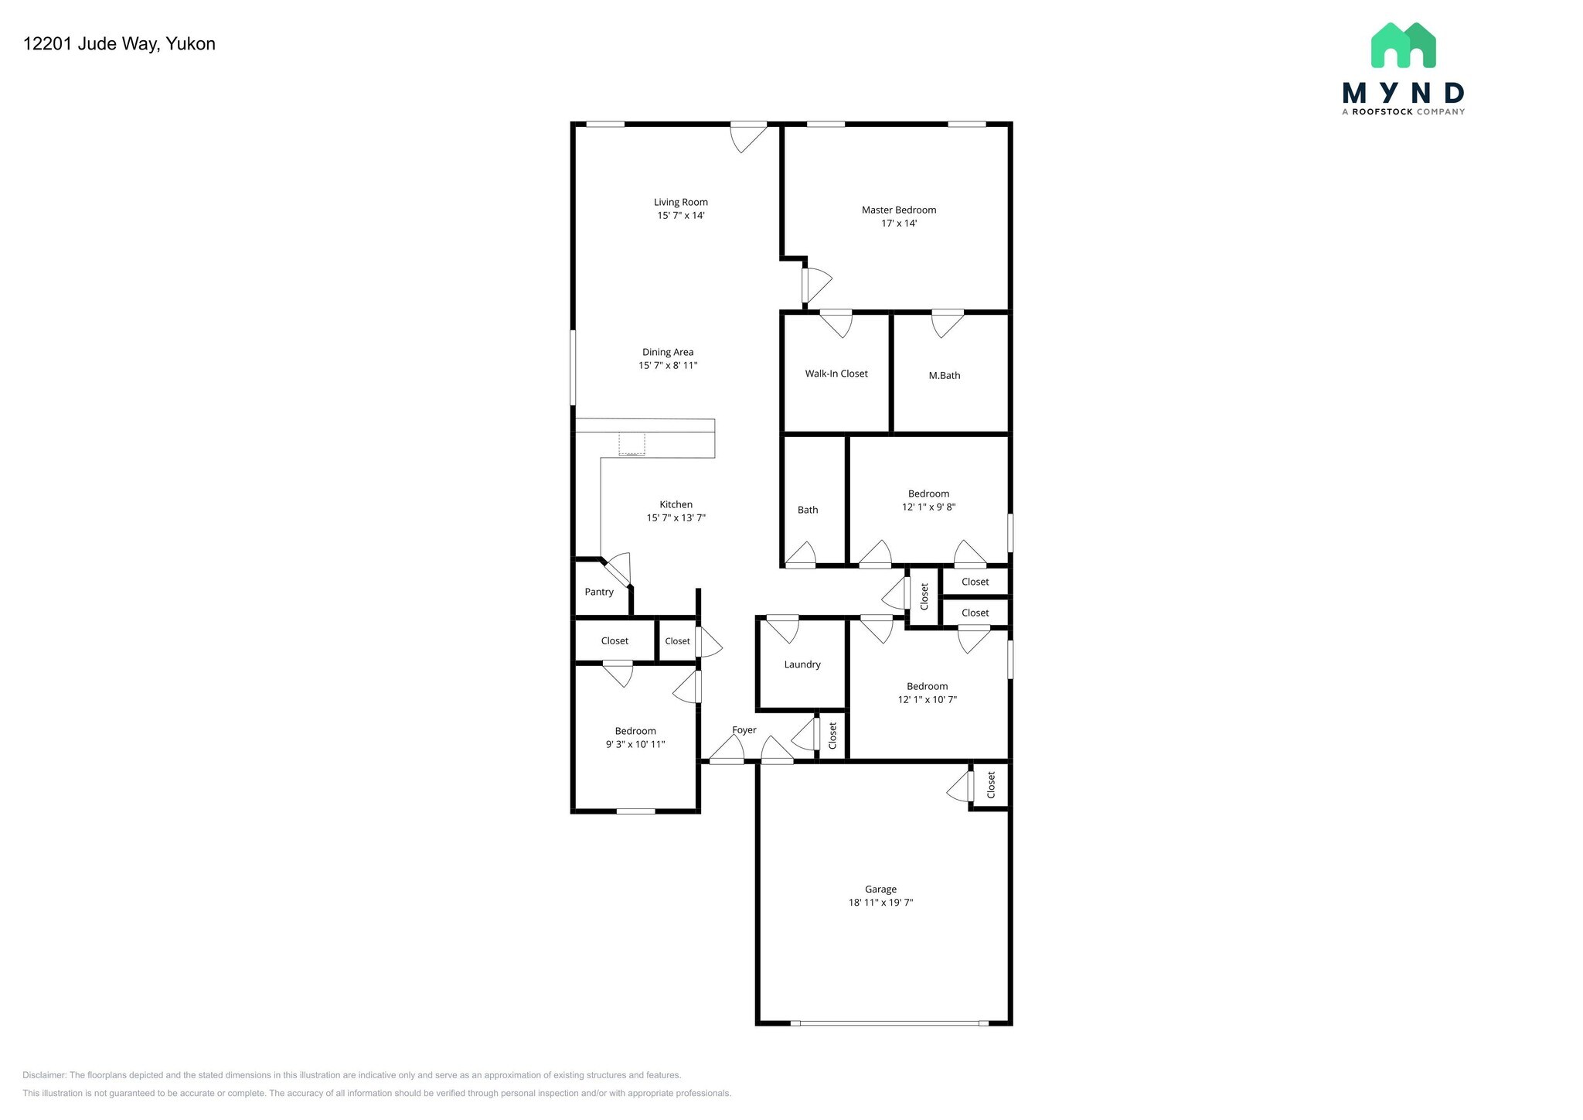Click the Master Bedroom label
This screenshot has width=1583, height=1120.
point(898,210)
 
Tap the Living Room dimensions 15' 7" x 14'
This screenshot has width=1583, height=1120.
point(680,216)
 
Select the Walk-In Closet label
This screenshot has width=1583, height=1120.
point(836,374)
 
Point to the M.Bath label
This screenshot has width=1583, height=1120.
point(944,376)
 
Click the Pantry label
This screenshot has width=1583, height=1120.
point(598,592)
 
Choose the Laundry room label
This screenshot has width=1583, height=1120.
point(802,664)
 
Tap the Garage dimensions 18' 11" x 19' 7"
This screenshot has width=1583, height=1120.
point(880,903)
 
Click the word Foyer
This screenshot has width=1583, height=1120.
point(744,730)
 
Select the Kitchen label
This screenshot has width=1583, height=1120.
point(676,504)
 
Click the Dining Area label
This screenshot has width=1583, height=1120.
point(668,352)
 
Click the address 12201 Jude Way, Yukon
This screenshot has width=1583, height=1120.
point(119,44)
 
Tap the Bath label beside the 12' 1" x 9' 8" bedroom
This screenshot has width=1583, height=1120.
point(807,510)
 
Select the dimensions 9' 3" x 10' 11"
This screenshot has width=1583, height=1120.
point(635,745)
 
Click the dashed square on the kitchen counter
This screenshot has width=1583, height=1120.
point(631,444)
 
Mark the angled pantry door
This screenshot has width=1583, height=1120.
point(618,573)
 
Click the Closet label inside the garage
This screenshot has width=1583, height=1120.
point(991,785)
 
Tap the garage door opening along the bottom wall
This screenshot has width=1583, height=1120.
point(889,1023)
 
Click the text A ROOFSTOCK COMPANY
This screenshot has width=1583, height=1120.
point(1402,112)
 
